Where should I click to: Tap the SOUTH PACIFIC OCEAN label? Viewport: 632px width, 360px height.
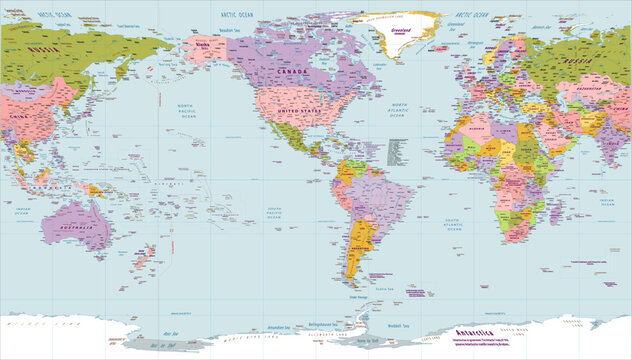pyautogui.click(x=277, y=212)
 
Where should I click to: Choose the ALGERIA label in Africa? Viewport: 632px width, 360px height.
pyautogui.click(x=474, y=129)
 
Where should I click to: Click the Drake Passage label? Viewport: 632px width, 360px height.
pyautogui.click(x=358, y=297)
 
